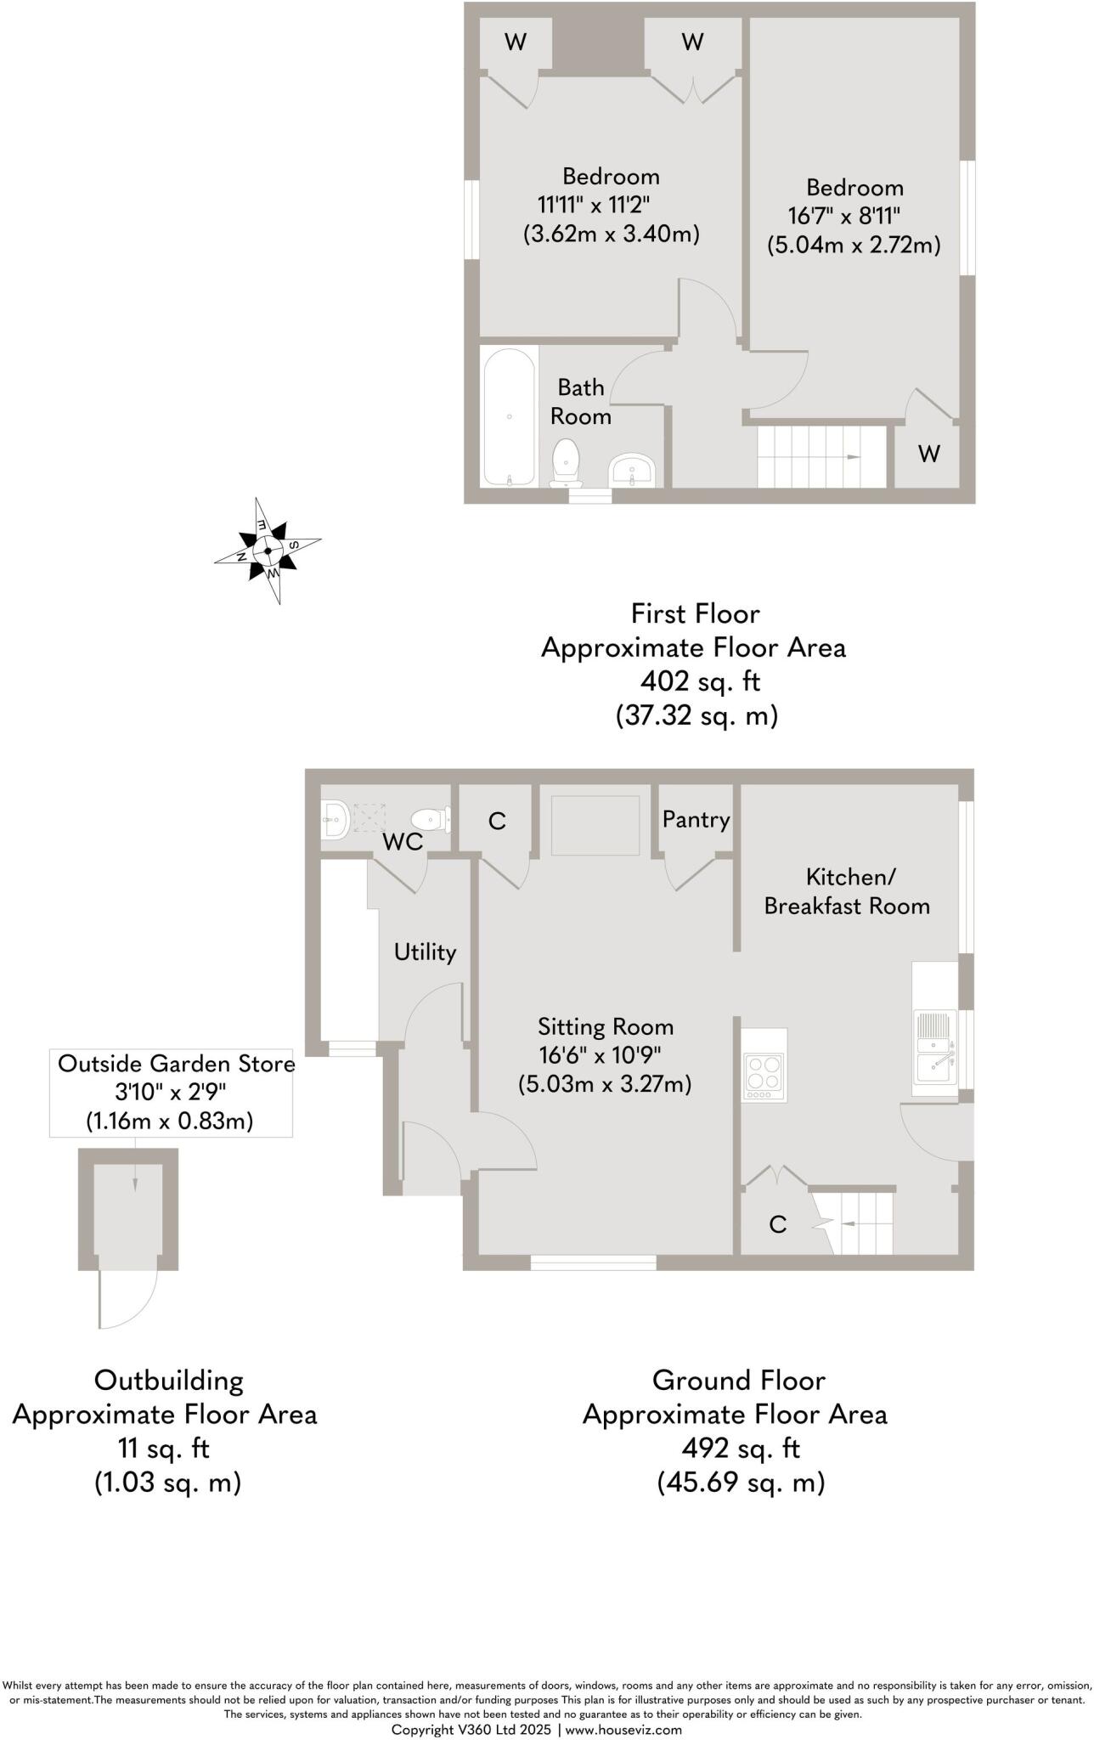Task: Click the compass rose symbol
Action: [x=268, y=551]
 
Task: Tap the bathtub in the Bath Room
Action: [x=509, y=415]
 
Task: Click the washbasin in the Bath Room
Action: [x=631, y=469]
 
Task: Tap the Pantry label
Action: [x=696, y=820]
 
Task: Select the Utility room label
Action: [x=425, y=952]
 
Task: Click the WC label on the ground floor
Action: [x=403, y=842]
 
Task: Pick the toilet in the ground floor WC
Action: [x=431, y=820]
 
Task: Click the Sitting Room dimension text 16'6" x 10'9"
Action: [x=600, y=1055]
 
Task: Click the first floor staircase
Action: [x=820, y=457]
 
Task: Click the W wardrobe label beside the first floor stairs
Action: [x=929, y=454]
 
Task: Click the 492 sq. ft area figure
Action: [x=741, y=1448]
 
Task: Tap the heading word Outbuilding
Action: [x=168, y=1380]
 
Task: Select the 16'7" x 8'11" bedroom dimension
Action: [x=843, y=216]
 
